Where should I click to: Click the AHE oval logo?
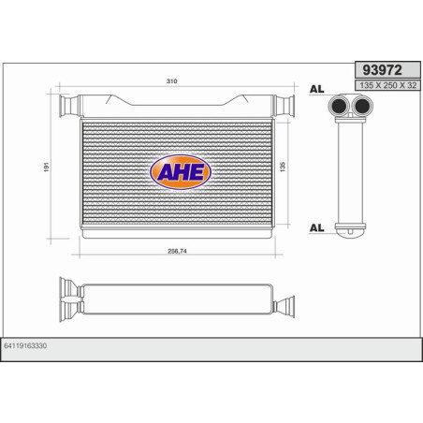[182, 171]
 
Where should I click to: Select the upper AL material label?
[315, 92]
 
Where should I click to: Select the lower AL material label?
[315, 226]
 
